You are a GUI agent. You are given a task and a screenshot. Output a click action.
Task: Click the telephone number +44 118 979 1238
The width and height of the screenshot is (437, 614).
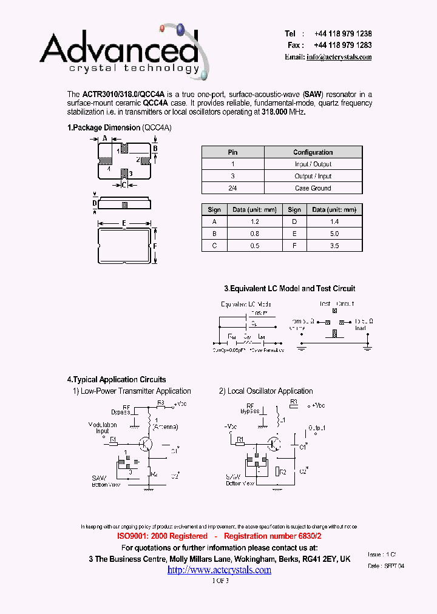(343, 34)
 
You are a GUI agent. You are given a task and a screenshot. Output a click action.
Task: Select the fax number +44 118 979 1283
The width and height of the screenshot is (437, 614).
(343, 46)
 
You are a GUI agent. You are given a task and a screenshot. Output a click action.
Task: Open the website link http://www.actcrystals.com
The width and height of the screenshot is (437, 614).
(219, 570)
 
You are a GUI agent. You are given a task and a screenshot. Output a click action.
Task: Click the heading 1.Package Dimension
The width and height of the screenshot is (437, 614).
(104, 128)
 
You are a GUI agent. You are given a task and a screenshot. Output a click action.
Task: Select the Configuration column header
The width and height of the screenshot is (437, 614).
(313, 152)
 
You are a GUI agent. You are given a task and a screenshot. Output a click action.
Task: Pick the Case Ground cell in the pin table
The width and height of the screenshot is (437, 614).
(313, 188)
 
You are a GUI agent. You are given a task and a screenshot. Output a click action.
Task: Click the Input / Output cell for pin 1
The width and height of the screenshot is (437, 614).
(313, 164)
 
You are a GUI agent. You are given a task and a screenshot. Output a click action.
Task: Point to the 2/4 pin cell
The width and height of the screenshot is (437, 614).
(232, 188)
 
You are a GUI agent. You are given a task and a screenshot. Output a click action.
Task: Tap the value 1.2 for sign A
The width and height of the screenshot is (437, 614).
(254, 222)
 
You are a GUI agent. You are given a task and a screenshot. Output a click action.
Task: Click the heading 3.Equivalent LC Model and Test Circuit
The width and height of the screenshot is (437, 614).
(290, 289)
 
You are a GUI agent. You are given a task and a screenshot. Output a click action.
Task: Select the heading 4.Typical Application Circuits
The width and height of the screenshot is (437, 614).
(117, 380)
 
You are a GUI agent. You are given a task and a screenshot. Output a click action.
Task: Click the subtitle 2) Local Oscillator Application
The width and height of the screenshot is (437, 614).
(266, 391)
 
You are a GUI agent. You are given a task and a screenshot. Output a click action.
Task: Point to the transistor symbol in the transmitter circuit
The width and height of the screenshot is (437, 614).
(146, 444)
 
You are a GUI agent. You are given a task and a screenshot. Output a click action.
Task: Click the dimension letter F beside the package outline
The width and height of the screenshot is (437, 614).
(155, 246)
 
